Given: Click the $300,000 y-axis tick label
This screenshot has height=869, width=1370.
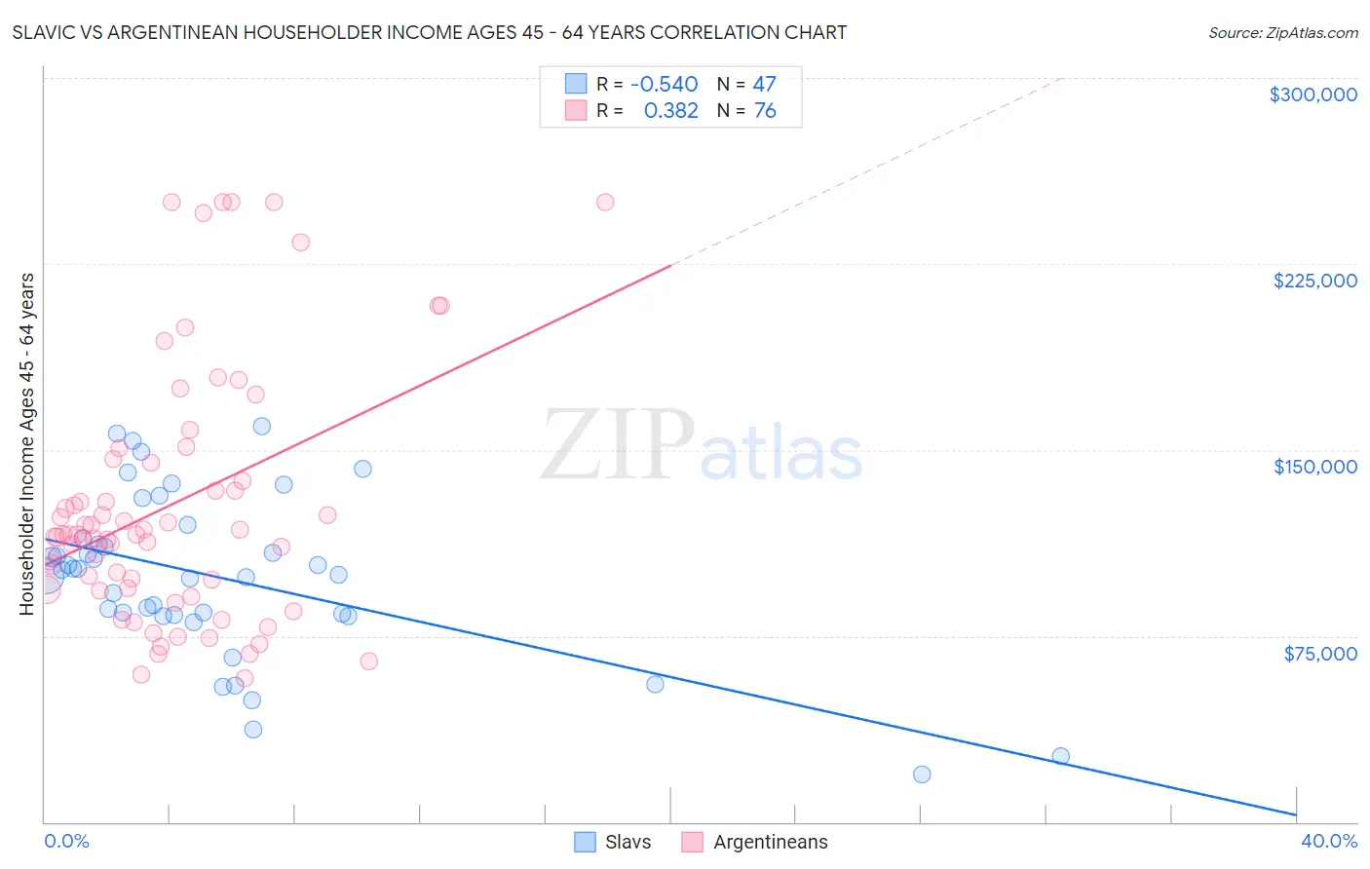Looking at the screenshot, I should [x=1313, y=94].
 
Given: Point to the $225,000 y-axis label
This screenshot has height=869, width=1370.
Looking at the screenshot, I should [x=1314, y=281].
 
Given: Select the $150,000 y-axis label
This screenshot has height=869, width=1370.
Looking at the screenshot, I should [x=1314, y=467].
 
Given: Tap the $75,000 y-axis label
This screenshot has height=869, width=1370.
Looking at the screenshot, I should [x=1320, y=654].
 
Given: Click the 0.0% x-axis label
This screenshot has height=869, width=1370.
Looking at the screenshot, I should [x=66, y=841].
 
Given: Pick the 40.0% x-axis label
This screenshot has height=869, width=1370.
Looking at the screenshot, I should [x=1329, y=841].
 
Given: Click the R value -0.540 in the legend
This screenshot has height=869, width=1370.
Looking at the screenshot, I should [x=665, y=84].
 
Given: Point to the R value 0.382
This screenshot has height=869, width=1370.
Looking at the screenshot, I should [x=671, y=111].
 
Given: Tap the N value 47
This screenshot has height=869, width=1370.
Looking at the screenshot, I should [x=764, y=84].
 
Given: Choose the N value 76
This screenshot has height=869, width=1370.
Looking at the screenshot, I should [x=765, y=111].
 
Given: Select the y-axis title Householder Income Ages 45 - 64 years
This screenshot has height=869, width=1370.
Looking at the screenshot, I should [x=26, y=443].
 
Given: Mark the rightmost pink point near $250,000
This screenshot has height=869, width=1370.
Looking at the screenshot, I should [x=605, y=203].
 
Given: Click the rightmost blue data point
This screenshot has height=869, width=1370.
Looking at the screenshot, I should [x=1061, y=756].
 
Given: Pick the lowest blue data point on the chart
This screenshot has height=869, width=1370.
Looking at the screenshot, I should [x=922, y=775].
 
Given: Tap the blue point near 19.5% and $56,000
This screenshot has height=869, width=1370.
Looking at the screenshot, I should [x=655, y=684].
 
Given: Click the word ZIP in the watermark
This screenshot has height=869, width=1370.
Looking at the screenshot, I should [x=618, y=445].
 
